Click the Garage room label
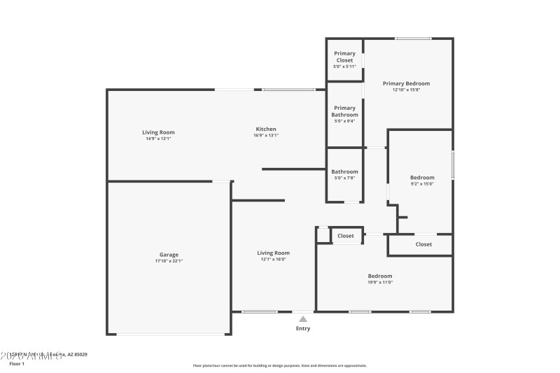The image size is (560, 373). [169, 255]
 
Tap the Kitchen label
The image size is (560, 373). [266, 129]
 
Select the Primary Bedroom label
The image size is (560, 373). [406, 83]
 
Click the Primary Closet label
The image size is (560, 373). [344, 57]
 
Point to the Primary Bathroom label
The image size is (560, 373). [344, 111]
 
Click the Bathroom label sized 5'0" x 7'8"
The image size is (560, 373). [344, 171]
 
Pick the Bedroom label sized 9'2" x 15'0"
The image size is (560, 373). [422, 177]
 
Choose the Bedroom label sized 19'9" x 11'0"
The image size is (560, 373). [380, 276]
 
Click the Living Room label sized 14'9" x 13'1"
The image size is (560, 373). [158, 132]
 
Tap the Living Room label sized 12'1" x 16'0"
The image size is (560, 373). [273, 253]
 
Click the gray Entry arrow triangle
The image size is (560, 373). [303, 318]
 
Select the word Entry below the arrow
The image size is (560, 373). [303, 328]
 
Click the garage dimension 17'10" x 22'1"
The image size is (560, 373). [169, 261]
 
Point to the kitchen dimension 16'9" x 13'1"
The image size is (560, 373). [266, 135]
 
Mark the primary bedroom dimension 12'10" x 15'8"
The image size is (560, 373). [406, 90]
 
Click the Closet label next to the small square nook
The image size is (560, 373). [346, 236]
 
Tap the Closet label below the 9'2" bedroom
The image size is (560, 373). [423, 244]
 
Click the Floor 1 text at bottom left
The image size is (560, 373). [16, 364]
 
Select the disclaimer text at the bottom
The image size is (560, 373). [279, 365]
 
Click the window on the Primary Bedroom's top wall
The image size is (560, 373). [413, 38]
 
